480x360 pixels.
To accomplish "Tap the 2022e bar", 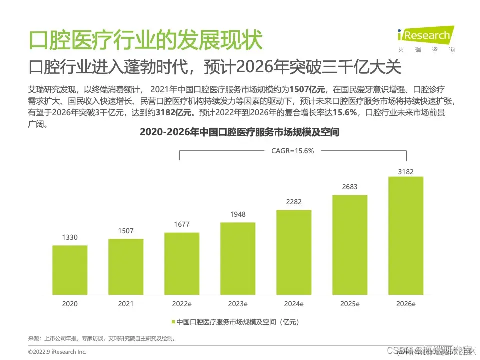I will coord(182,264).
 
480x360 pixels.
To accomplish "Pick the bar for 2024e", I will coord(294,252).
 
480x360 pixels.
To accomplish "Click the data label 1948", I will coord(238,215).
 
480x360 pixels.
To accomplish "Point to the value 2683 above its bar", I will coord(350,187).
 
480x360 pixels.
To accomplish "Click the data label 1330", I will coord(70,238).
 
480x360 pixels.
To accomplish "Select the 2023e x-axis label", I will coord(238,304).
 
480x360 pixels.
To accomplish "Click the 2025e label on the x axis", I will coord(350,304).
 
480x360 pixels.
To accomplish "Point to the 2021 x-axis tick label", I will coord(126,304).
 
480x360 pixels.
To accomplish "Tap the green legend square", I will coord(173,322).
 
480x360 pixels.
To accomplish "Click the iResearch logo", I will coord(425,36).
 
